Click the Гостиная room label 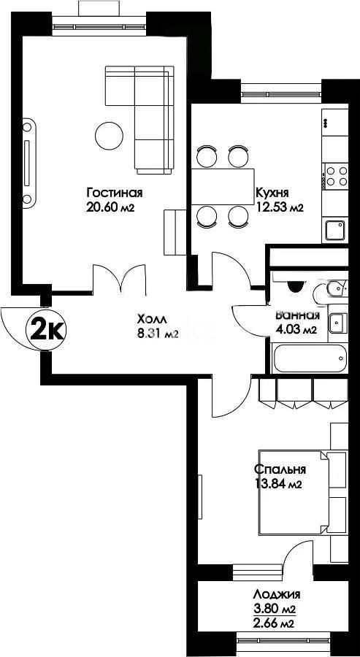click(x=115, y=193)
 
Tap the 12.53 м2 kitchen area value click(x=279, y=207)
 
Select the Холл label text click(x=152, y=320)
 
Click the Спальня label click(x=280, y=469)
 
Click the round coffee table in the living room click(x=109, y=135)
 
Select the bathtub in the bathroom click(x=310, y=358)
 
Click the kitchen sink click(x=335, y=230)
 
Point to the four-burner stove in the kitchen click(x=337, y=176)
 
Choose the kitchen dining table click(x=223, y=186)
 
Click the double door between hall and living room click(x=120, y=279)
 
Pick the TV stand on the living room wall click(x=28, y=164)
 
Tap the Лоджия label click(x=276, y=594)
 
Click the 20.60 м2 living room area click(x=110, y=207)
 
